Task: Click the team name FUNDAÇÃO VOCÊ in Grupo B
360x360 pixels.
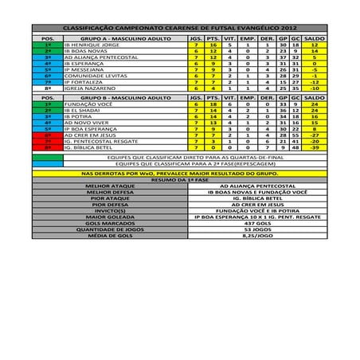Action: click(x=87, y=104)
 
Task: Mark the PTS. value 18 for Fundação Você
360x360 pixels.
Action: click(x=213, y=104)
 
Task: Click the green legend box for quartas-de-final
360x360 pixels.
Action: click(x=48, y=157)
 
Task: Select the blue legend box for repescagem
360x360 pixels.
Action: click(x=48, y=164)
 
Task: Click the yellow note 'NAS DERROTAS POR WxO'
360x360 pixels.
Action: click(x=179, y=172)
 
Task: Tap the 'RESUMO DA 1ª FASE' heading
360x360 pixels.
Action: click(x=179, y=179)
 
